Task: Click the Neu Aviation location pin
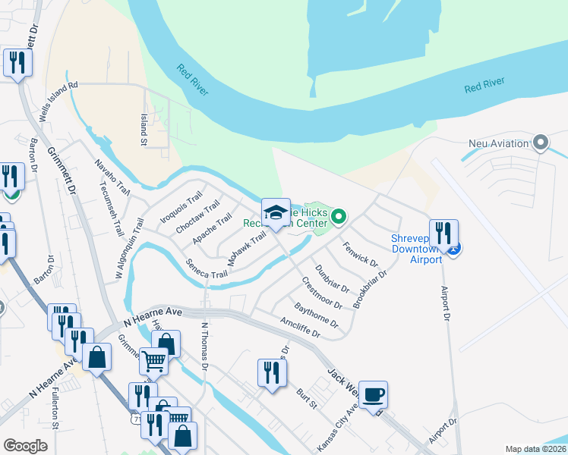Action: point(541,142)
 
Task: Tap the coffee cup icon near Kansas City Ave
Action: point(373,395)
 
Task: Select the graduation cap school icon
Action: point(276,212)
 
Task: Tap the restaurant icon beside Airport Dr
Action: point(443,233)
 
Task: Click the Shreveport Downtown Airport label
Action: point(416,249)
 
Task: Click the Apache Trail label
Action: point(212,229)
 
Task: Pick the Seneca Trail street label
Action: point(207,268)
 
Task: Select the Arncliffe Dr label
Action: point(299,324)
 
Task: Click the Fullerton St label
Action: point(55,409)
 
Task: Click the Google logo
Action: point(25,446)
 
